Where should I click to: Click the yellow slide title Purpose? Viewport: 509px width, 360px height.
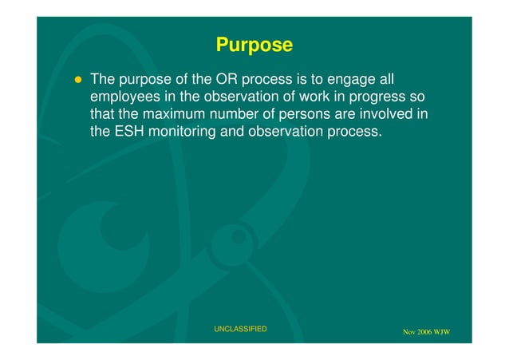coord(254,45)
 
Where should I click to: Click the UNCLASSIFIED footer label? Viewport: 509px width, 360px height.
coord(240,329)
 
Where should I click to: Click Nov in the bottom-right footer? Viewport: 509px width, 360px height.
coord(409,332)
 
